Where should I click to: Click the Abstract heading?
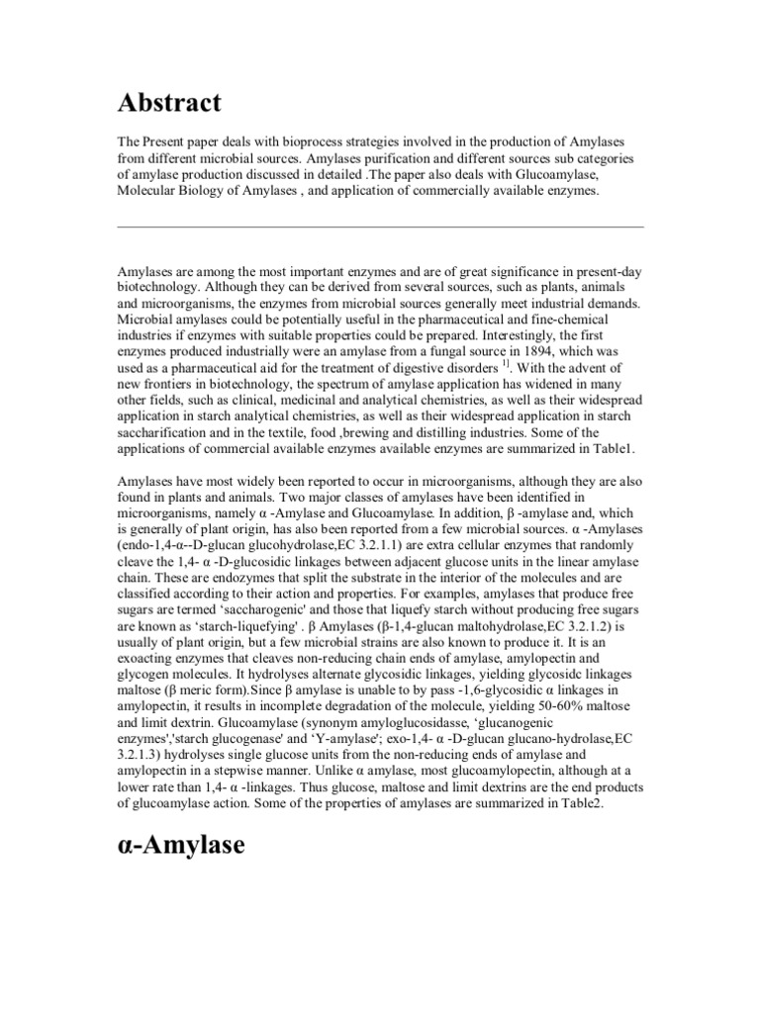tap(169, 103)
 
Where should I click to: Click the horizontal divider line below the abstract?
tap(380, 227)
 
